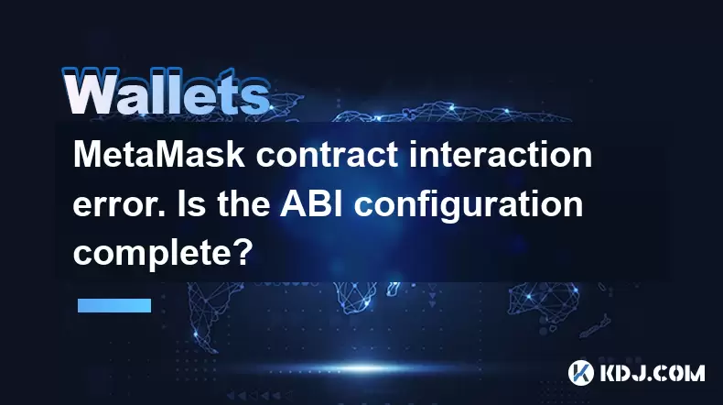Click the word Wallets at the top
[x=166, y=92]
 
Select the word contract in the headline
[x=327, y=155]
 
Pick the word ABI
[x=311, y=203]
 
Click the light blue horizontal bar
[x=114, y=305]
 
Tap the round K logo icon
[x=581, y=373]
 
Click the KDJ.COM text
[x=652, y=373]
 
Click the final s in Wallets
[x=259, y=97]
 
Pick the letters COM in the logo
[x=680, y=373]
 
